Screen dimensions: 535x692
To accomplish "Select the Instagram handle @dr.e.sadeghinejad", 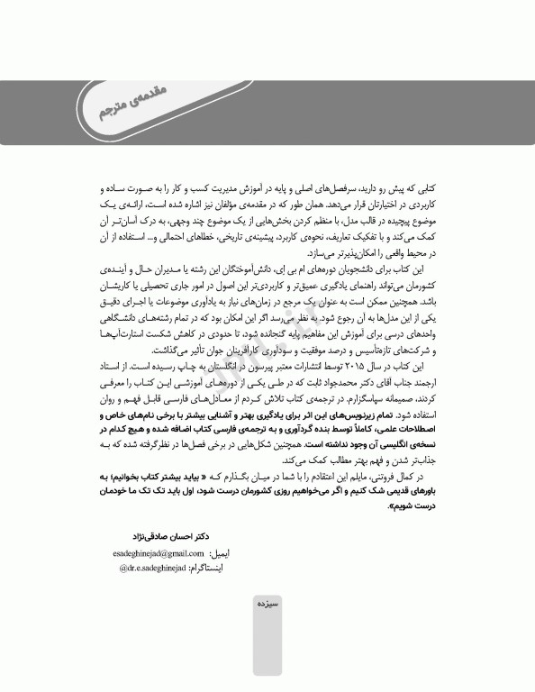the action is click(150, 569).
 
